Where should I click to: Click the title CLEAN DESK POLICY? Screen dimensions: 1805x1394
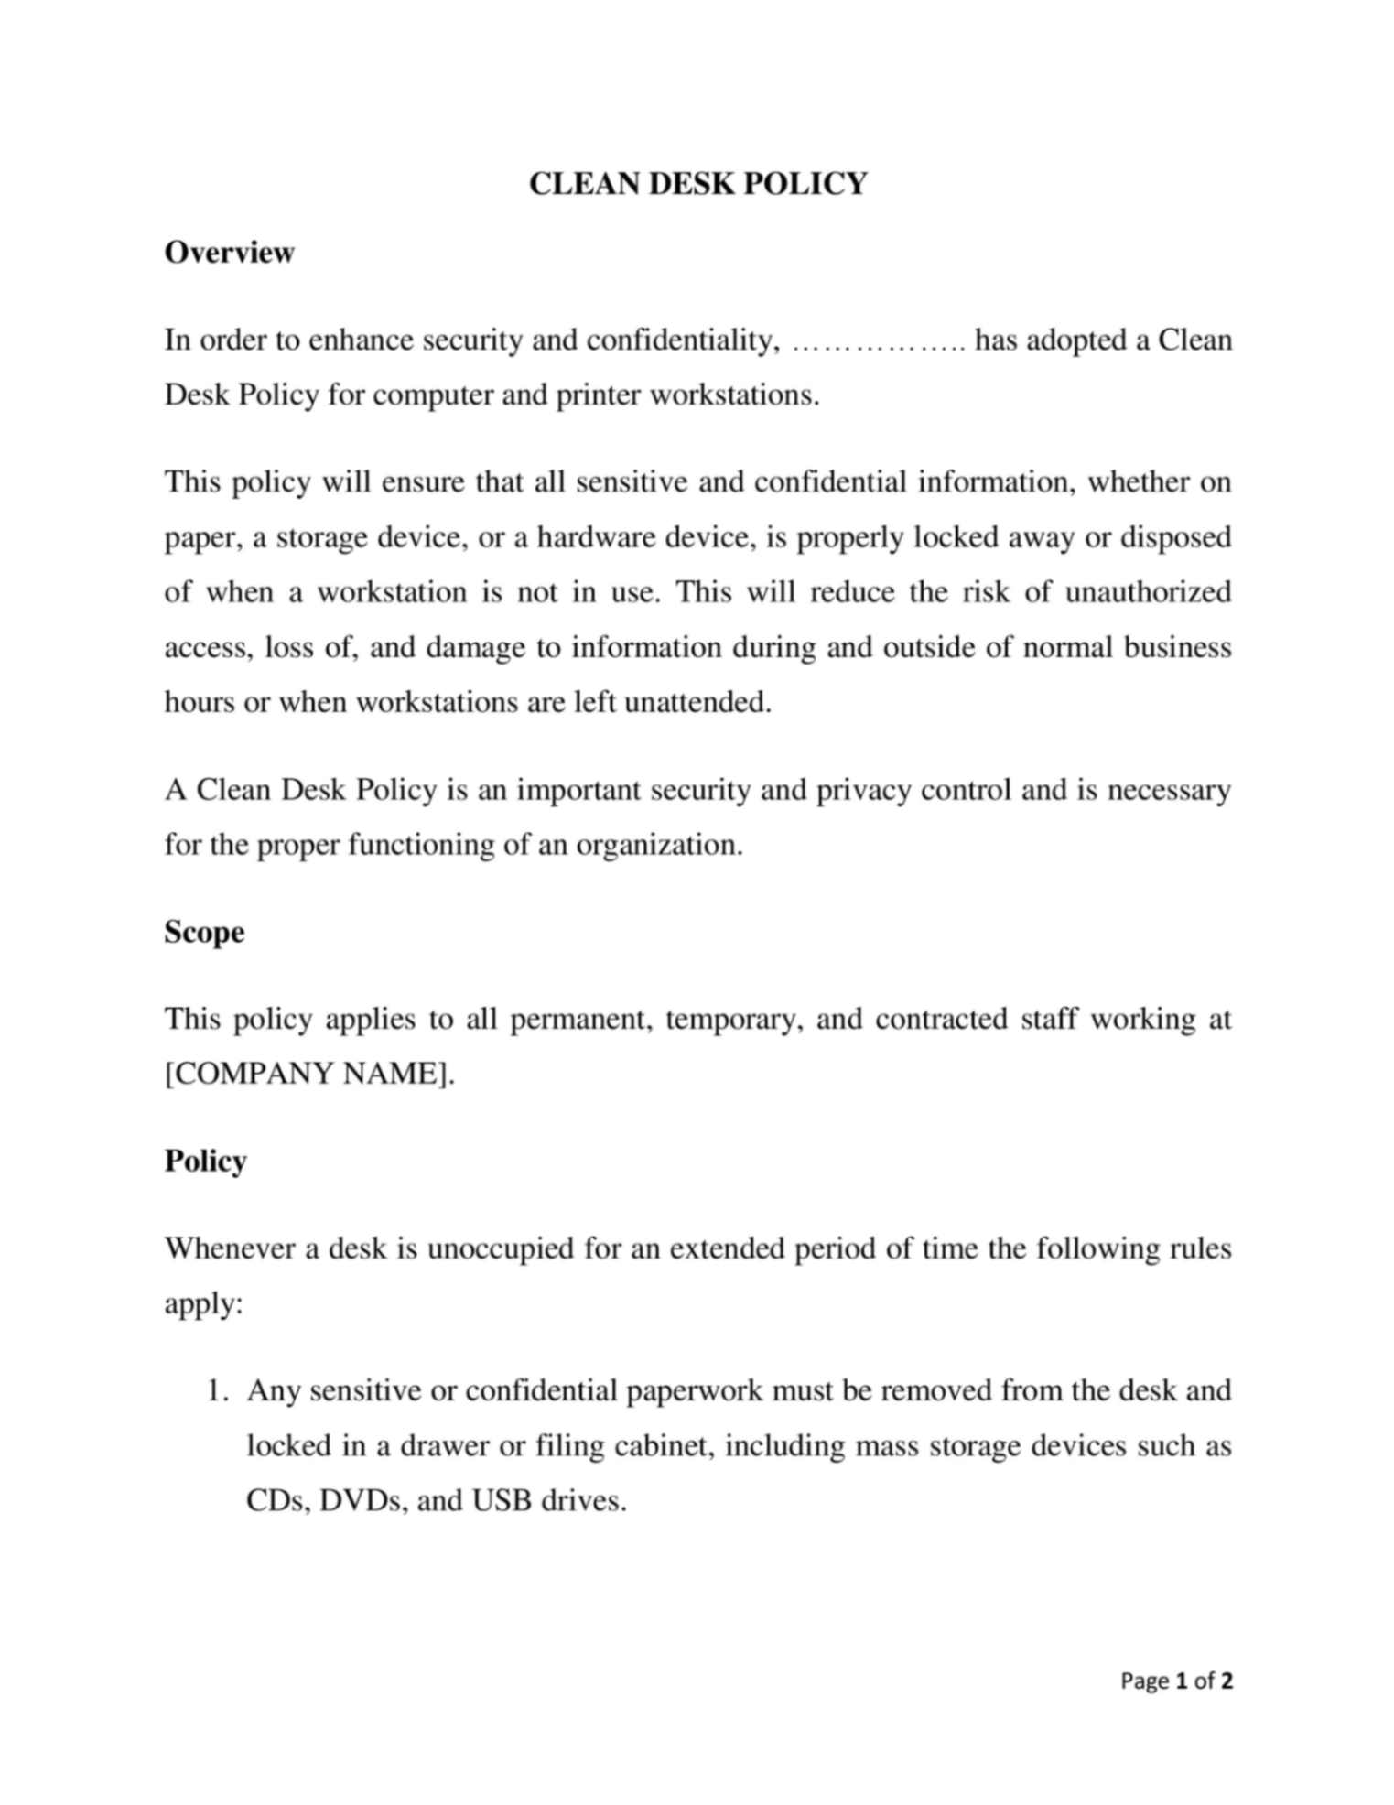[x=697, y=184]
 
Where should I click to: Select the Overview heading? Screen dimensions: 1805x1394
[x=229, y=253]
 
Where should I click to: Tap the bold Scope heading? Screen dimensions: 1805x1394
[x=204, y=932]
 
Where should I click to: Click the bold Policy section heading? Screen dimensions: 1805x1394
[x=205, y=1161]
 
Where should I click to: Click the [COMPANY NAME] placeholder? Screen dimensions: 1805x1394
[x=308, y=1074]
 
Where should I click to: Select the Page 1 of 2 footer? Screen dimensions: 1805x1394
[x=1176, y=1681]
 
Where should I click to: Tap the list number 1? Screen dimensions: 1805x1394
[x=215, y=1390]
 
